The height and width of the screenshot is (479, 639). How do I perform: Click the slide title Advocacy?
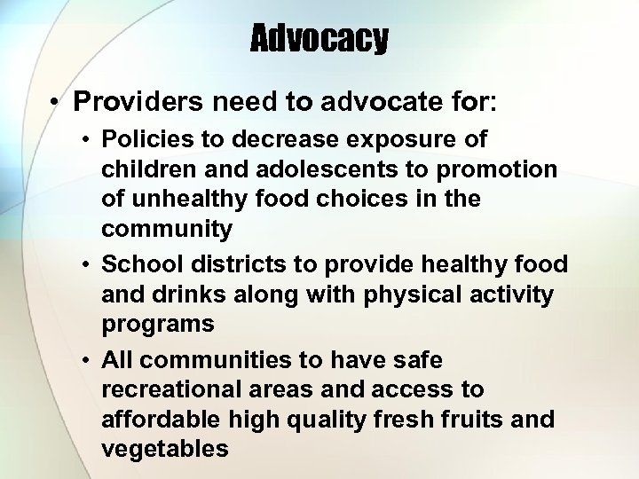click(319, 38)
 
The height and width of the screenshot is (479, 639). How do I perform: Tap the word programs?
click(158, 324)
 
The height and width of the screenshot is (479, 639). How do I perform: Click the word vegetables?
click(165, 449)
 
